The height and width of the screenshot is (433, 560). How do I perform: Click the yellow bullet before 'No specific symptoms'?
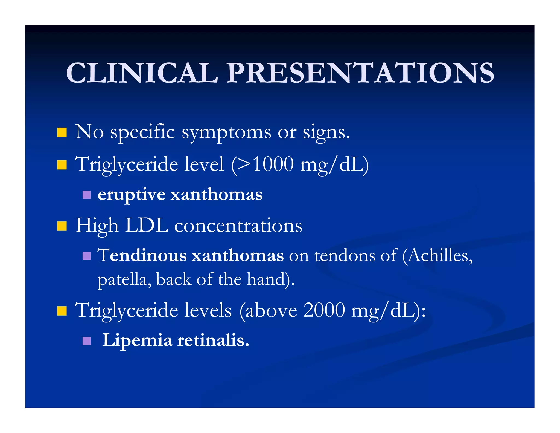coord(62,132)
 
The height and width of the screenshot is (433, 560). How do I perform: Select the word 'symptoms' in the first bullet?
coord(226,133)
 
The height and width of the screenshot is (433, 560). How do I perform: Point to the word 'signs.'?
coord(326,133)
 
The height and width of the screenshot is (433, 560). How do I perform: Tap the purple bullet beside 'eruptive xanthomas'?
coord(86,195)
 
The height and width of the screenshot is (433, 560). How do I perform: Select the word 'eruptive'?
coord(132,195)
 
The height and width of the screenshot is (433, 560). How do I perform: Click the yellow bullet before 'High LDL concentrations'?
coord(62,226)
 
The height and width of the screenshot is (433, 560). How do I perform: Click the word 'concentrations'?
coord(238,226)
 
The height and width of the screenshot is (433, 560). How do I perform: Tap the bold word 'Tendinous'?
coord(142,255)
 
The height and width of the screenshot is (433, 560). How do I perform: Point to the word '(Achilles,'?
coord(437,256)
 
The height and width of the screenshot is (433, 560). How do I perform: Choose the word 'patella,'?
coord(124,280)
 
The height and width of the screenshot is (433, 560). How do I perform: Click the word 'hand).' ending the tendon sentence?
coord(271,280)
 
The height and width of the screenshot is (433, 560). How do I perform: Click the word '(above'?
coord(268,311)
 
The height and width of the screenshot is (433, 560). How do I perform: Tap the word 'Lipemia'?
coord(137,341)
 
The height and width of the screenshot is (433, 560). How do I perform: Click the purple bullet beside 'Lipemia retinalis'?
coord(86,341)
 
